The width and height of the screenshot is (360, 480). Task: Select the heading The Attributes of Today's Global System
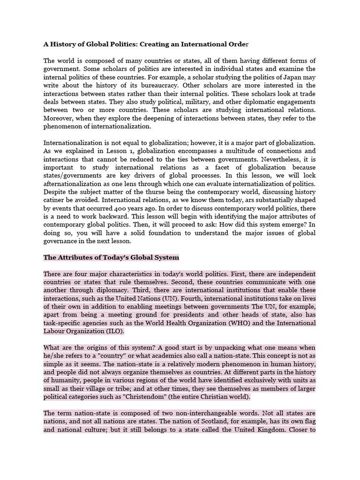pos(111,257)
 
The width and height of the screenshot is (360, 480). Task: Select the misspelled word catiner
pos(55,200)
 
